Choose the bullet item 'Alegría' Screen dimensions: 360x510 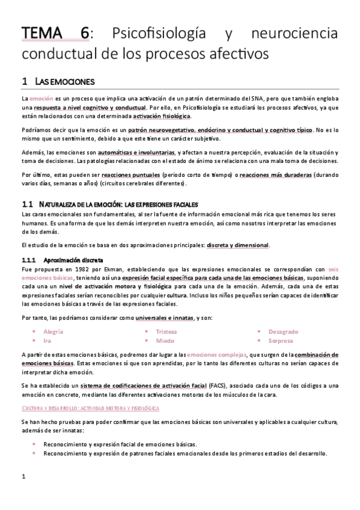(x=54, y=331)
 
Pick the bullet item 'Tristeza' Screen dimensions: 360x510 (x=167, y=331)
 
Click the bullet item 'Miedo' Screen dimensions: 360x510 (x=165, y=340)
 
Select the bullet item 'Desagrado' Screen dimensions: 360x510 (x=283, y=331)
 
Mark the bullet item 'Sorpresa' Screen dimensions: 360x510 (x=281, y=340)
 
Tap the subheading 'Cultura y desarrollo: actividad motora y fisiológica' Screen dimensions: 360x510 (x=90, y=408)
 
